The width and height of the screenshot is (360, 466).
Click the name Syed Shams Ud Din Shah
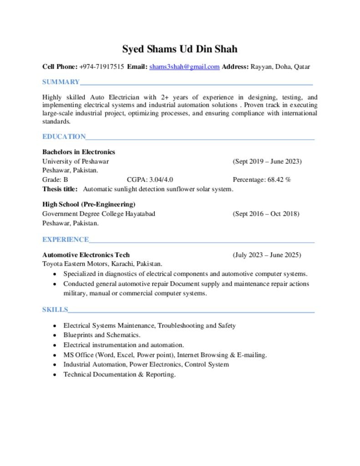click(180, 49)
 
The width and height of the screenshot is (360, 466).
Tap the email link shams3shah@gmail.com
click(184, 67)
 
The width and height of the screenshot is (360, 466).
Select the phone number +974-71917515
click(101, 67)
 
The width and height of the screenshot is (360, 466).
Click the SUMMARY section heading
click(61, 82)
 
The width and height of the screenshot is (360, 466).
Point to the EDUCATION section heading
click(64, 137)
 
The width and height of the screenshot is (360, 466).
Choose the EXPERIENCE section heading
click(66, 239)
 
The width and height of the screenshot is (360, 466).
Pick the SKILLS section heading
click(55, 310)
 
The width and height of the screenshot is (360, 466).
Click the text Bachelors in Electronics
click(79, 152)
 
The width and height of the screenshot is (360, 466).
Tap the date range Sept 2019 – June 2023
click(267, 162)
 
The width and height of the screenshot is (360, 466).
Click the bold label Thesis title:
click(60, 189)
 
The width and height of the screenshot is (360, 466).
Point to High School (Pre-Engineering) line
click(89, 204)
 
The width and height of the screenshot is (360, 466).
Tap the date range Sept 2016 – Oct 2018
click(266, 214)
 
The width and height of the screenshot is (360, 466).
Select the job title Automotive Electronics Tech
click(86, 255)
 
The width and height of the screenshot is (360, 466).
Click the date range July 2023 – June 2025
click(267, 255)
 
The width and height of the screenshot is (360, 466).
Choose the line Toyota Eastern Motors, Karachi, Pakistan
click(102, 264)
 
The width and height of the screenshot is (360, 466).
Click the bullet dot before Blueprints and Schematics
click(55, 335)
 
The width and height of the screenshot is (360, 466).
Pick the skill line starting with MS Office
click(165, 355)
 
